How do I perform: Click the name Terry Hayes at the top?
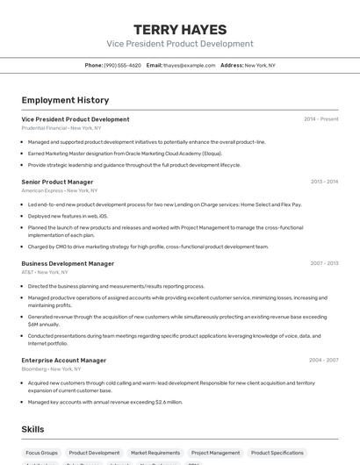[x=180, y=29]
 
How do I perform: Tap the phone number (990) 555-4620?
[x=122, y=65]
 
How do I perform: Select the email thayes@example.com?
[x=189, y=65]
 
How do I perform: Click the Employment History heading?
[x=65, y=100]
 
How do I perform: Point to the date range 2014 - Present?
[x=320, y=118]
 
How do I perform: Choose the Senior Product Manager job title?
[x=57, y=182]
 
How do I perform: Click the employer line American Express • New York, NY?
[x=59, y=190]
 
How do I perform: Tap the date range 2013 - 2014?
[x=324, y=182]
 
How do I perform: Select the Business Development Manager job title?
[x=68, y=263]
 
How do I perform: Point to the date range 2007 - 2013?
[x=324, y=263]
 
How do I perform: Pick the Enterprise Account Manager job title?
[x=64, y=360]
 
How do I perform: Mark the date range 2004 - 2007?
[x=323, y=360]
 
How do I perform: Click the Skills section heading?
[x=32, y=429]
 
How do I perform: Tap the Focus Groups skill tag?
[x=41, y=453]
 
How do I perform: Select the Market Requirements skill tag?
[x=155, y=453]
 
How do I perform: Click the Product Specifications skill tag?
[x=277, y=453]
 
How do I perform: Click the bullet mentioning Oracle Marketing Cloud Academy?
[x=125, y=153]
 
